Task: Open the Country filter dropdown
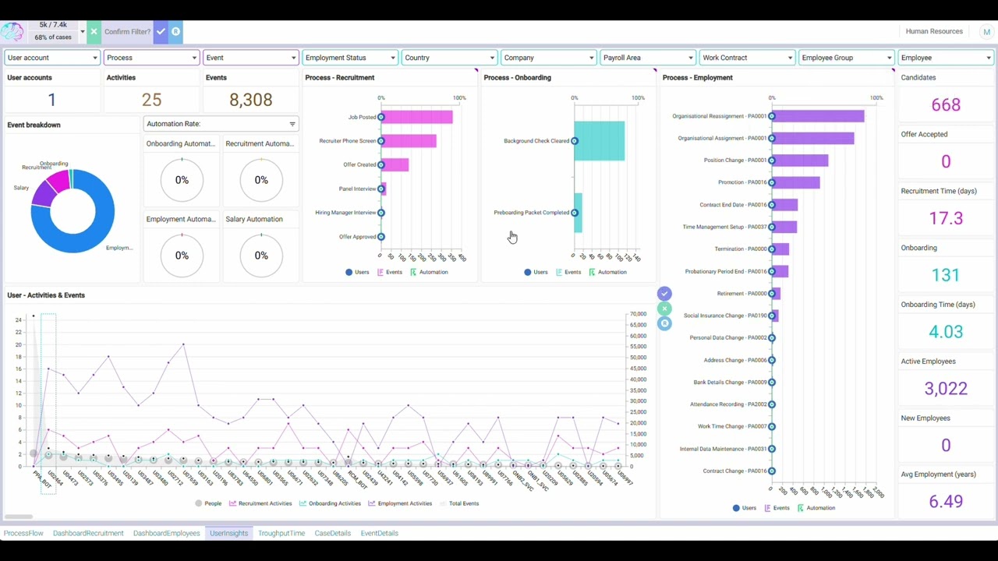pyautogui.click(x=448, y=58)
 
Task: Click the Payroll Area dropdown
pyautogui.click(x=647, y=58)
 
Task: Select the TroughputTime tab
pyautogui.click(x=281, y=533)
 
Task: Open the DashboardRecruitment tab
pyautogui.click(x=88, y=533)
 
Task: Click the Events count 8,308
pyautogui.click(x=250, y=100)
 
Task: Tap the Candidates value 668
pyautogui.click(x=945, y=104)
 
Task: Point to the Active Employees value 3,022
pyautogui.click(x=945, y=388)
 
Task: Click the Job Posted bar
pyautogui.click(x=417, y=117)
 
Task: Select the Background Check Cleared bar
pyautogui.click(x=600, y=141)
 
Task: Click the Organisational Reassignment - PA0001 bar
pyautogui.click(x=819, y=116)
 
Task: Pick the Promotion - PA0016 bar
pyautogui.click(x=796, y=182)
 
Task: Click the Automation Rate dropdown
pyautogui.click(x=221, y=124)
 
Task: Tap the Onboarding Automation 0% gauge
pyautogui.click(x=182, y=180)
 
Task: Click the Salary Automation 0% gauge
pyautogui.click(x=261, y=256)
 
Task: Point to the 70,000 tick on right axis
pyautogui.click(x=638, y=314)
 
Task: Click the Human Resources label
pyautogui.click(x=934, y=31)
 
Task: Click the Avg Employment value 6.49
pyautogui.click(x=945, y=501)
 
